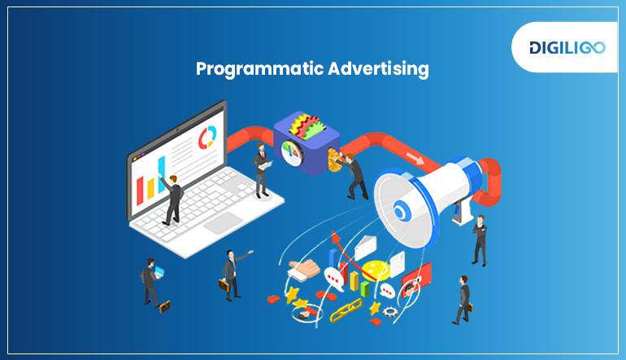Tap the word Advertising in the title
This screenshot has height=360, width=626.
pyautogui.click(x=378, y=69)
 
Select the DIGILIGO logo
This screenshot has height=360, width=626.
pyautogui.click(x=566, y=47)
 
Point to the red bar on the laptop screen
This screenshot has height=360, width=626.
pyautogui.click(x=141, y=189)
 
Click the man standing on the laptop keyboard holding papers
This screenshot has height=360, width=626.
pyautogui.click(x=261, y=169)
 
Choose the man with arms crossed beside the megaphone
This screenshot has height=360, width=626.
pyautogui.click(x=479, y=240)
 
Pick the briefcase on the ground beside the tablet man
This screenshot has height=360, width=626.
pyautogui.click(x=165, y=307)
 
